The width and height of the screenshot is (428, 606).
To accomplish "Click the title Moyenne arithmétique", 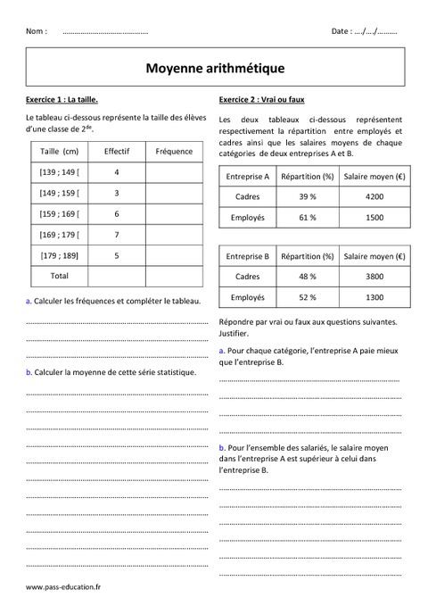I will pos(214,67).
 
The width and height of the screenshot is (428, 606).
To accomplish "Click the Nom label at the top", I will pos(37,31).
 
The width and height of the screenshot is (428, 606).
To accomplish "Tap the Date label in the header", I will pos(342,31).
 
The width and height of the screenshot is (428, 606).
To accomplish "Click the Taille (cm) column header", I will pos(60,151).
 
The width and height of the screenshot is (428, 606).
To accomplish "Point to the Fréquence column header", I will pos(174,151).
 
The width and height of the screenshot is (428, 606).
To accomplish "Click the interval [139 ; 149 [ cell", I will pos(60,171).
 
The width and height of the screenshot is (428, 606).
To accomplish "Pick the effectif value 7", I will pos(117,235).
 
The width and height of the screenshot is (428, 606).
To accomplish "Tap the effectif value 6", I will pos(117,214).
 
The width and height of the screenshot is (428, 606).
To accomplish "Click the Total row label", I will pos(60,276).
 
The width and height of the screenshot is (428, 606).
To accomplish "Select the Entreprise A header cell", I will pos(247,177).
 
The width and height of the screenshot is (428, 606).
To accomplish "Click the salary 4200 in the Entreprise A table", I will pos(374,196).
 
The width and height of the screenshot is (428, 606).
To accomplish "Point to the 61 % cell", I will pos(307,218).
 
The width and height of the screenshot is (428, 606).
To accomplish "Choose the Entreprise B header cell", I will pos(247,257).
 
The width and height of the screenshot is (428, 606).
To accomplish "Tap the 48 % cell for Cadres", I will pos(307,277).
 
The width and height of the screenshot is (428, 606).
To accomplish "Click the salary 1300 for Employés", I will pos(374,297).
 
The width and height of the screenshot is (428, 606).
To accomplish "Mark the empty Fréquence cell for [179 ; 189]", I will pos(174,255).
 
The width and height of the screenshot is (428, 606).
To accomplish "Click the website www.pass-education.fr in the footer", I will pos(63,587).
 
